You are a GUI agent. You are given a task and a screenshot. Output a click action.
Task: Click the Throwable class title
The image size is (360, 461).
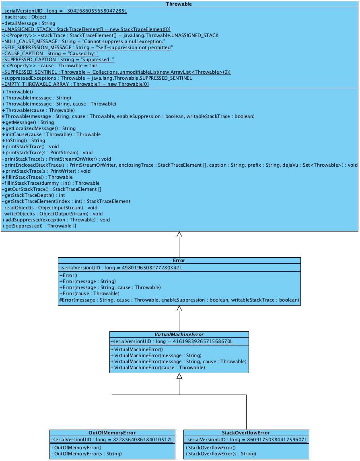[x=179, y=4]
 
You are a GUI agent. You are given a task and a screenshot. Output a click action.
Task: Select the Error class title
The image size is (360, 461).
[x=179, y=260]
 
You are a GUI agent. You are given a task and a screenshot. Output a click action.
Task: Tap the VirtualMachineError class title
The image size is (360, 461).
[x=179, y=335]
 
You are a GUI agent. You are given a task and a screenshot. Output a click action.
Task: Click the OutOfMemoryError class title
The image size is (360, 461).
[x=112, y=433]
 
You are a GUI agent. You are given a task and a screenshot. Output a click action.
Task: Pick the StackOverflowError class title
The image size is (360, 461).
[x=246, y=433]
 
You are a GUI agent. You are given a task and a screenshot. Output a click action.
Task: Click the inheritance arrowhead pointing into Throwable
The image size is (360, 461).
[x=179, y=234]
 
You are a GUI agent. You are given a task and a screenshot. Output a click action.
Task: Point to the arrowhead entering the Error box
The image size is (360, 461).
[x=179, y=308]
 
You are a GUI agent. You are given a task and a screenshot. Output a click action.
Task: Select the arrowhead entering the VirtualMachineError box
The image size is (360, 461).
[x=179, y=376]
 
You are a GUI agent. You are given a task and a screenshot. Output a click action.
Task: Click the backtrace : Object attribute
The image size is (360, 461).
[x=24, y=17]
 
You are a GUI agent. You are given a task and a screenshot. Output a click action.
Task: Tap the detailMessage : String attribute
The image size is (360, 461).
[x=29, y=23]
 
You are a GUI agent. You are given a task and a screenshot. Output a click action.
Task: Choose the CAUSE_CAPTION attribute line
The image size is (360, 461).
[x=50, y=54]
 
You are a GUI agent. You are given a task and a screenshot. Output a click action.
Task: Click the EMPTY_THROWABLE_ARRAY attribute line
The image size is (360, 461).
[x=75, y=84]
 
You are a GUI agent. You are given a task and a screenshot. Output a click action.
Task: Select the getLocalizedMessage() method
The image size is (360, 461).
[x=39, y=128]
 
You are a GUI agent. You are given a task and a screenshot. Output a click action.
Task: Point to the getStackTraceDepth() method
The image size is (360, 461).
[x=33, y=195]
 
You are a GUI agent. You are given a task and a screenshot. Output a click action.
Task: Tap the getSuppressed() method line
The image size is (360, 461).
[x=39, y=226]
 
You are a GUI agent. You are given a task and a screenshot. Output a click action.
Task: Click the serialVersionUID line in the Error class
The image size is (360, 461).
[x=121, y=268]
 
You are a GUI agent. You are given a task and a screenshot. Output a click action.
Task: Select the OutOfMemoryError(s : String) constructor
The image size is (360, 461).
[x=86, y=454]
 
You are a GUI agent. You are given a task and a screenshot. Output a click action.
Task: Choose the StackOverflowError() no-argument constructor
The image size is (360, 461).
[x=210, y=448]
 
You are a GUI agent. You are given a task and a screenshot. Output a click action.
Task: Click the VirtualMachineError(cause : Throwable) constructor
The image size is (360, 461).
[x=158, y=368]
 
